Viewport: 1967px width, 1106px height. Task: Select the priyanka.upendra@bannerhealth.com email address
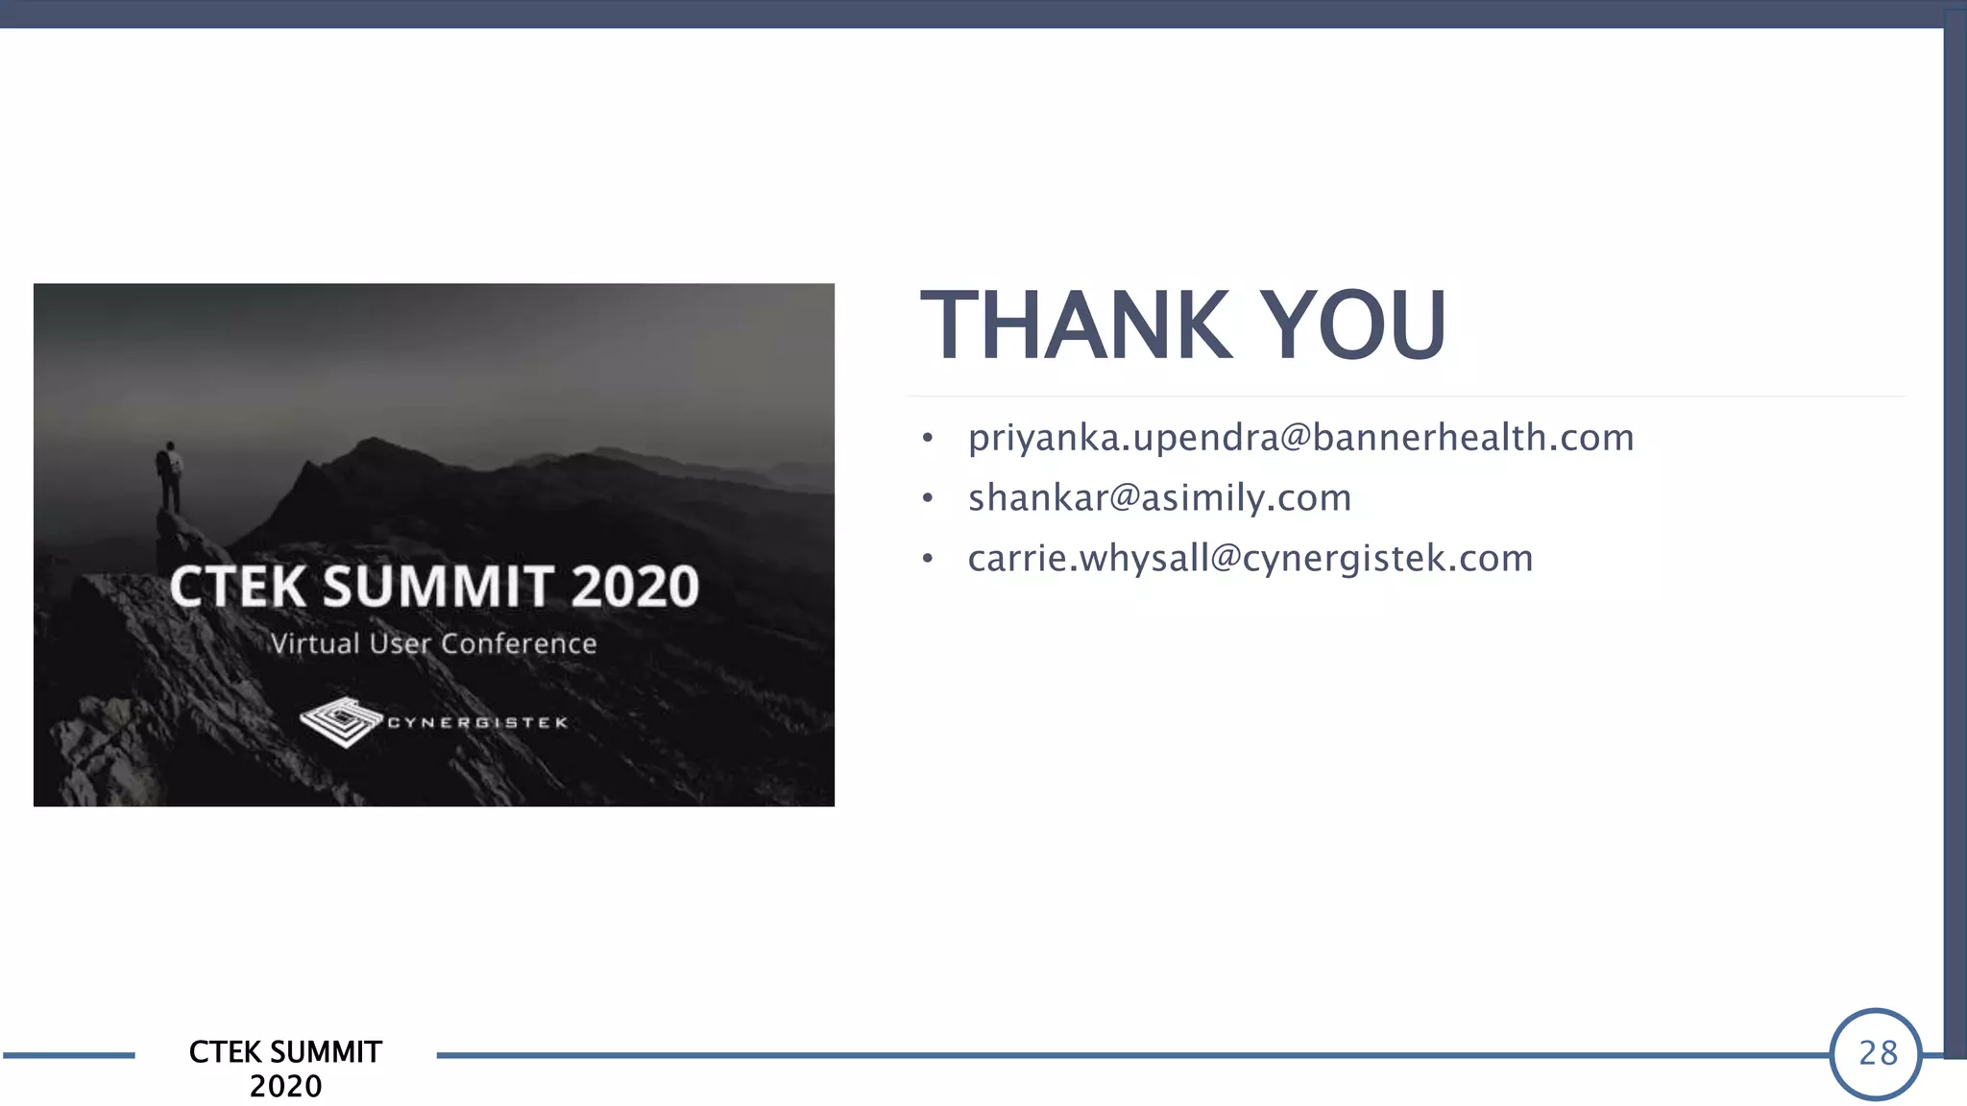pyautogui.click(x=1300, y=438)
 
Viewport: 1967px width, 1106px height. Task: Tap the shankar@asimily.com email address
pyautogui.click(x=1159, y=498)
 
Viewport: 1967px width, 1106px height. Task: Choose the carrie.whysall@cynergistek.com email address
pyautogui.click(x=1250, y=559)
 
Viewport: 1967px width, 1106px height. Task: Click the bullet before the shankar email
pyautogui.click(x=927, y=498)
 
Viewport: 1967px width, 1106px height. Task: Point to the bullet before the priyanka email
pyautogui.click(x=927, y=439)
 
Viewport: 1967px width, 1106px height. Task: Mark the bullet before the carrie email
pyautogui.click(x=927, y=559)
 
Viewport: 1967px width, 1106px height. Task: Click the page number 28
pyautogui.click(x=1878, y=1053)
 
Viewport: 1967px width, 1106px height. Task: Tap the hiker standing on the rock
pyautogui.click(x=170, y=475)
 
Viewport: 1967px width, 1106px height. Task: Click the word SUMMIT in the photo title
pyautogui.click(x=438, y=587)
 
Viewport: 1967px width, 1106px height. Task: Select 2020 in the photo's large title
pyautogui.click(x=635, y=587)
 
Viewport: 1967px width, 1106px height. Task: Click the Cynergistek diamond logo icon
pyautogui.click(x=341, y=721)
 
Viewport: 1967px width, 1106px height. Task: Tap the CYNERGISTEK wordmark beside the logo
pyautogui.click(x=477, y=722)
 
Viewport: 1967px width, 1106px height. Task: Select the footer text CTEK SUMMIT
pyautogui.click(x=285, y=1052)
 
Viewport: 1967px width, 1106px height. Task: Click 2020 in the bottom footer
pyautogui.click(x=285, y=1086)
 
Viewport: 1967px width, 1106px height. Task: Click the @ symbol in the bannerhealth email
pyautogui.click(x=1296, y=438)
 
